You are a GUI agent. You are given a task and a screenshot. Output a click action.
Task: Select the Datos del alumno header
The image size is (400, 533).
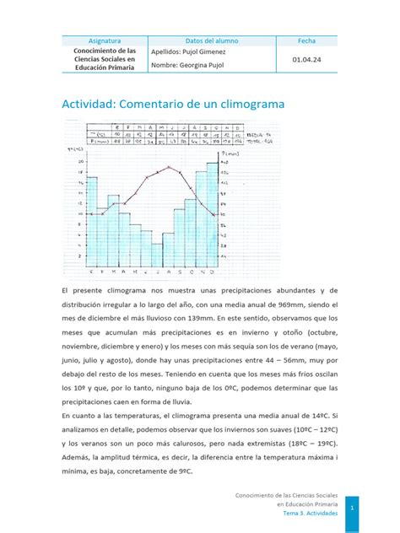click(211, 40)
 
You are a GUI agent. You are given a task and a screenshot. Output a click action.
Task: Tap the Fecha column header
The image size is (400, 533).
click(306, 40)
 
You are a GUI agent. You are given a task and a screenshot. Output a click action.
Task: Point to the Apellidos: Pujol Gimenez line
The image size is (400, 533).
click(189, 51)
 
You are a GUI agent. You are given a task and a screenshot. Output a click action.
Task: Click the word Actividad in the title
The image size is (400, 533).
click(89, 104)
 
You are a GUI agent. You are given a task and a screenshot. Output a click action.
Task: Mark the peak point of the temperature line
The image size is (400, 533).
click(169, 167)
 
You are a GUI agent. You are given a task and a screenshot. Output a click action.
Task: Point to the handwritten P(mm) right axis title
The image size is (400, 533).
click(229, 155)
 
